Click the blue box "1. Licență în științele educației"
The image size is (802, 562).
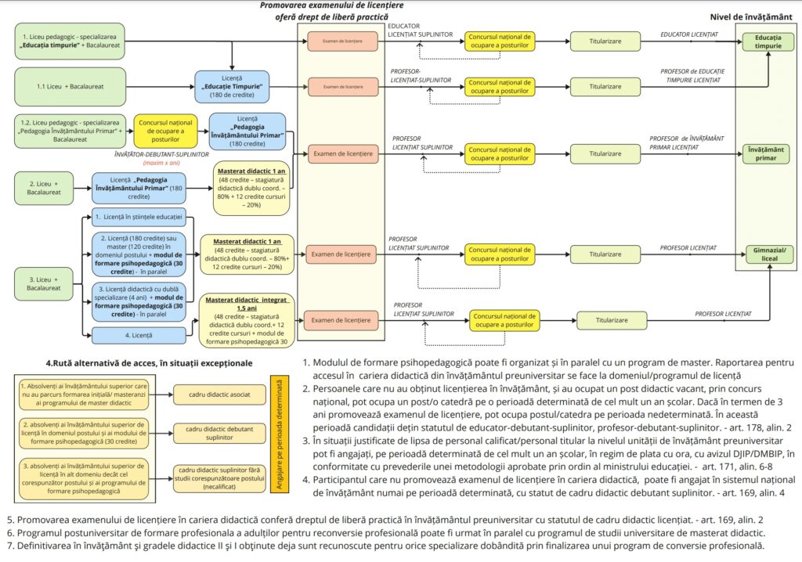[139, 216]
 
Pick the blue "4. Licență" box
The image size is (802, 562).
[139, 336]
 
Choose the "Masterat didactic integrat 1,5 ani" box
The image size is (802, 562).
[247, 319]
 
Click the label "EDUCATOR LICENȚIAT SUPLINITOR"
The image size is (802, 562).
[420, 31]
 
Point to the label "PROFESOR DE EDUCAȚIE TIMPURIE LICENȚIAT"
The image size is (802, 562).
[692, 75]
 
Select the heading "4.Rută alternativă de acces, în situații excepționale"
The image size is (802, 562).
[149, 363]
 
